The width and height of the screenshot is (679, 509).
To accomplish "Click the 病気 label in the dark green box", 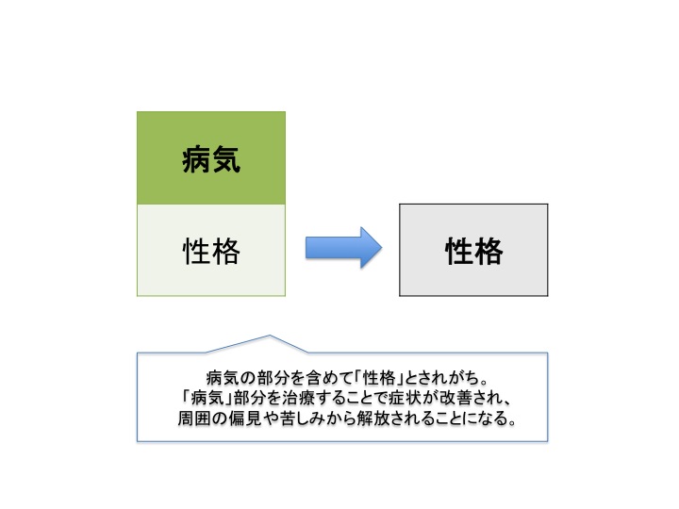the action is click(211, 159).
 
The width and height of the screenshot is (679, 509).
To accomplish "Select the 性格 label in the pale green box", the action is click(211, 251).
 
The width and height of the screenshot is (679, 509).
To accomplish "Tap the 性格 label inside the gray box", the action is click(474, 251).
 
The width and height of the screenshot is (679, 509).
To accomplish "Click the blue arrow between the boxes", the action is click(343, 248).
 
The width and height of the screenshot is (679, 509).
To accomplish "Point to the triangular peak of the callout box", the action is click(270, 335).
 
